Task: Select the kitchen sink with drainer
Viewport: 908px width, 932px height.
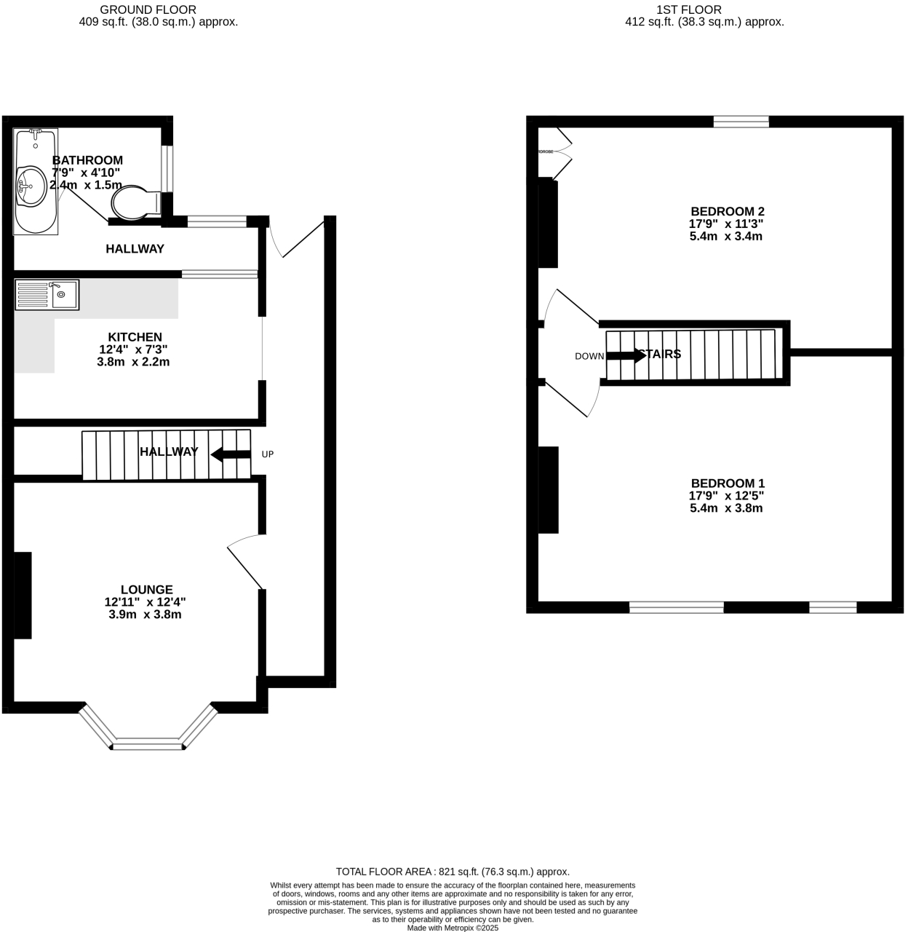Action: [47, 295]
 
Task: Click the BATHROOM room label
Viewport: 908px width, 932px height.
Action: [87, 160]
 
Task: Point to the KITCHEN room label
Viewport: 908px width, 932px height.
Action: [135, 337]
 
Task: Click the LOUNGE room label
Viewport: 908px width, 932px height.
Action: [146, 590]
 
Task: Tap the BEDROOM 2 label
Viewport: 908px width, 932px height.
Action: [727, 212]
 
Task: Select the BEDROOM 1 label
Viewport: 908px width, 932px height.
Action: [727, 483]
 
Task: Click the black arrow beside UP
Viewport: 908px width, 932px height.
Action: [231, 454]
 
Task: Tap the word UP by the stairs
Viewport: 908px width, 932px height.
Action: [267, 454]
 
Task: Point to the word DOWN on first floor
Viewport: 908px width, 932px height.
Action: [589, 356]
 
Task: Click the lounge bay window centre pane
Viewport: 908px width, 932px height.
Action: [148, 744]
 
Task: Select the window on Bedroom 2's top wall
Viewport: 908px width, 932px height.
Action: [741, 122]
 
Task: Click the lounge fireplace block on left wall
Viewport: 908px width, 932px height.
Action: [23, 595]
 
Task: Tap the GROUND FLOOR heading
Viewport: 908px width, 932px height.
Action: [148, 9]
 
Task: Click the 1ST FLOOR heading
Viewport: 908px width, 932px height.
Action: [688, 9]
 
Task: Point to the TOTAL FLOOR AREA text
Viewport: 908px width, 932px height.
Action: [452, 872]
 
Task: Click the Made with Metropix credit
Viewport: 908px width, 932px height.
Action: [452, 928]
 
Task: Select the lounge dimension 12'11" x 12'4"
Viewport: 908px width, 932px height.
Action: [145, 602]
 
